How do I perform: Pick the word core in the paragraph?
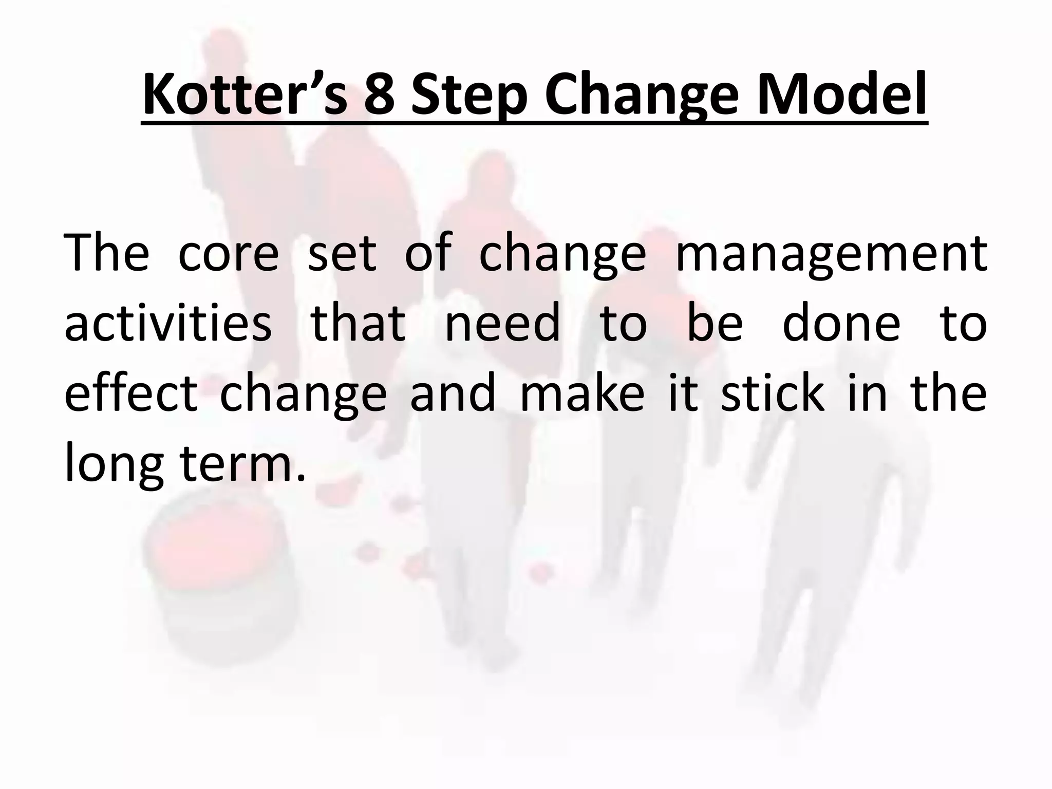tap(228, 254)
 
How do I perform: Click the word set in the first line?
tap(342, 254)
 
